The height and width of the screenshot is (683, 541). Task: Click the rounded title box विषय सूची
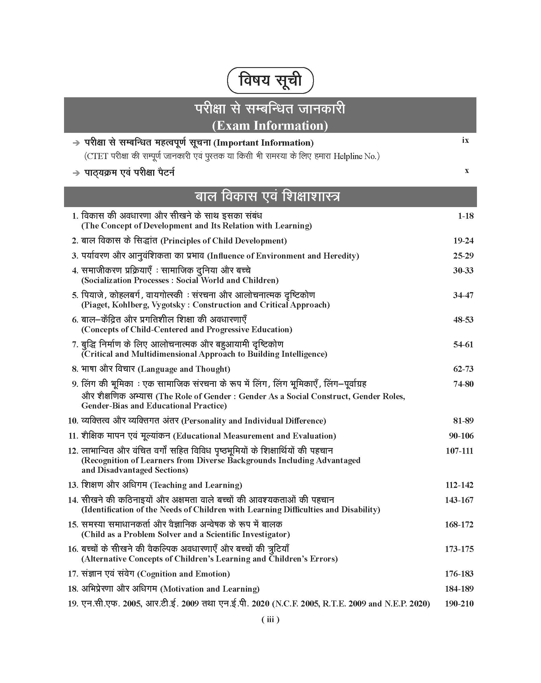270,81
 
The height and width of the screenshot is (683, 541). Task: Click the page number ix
465,140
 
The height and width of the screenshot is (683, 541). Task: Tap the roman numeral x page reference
466,171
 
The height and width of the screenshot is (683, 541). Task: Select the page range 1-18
466,216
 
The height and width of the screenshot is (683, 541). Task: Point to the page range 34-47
463,295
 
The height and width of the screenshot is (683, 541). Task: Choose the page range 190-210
459,604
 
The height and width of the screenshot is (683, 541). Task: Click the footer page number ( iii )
270,619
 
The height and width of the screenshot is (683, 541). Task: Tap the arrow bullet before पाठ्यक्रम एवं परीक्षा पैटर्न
76,173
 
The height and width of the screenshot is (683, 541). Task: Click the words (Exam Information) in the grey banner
270,125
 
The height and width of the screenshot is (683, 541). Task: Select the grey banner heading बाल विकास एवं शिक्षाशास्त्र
270,197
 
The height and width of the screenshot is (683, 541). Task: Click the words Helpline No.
356,156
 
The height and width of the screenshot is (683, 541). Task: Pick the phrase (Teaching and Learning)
196,485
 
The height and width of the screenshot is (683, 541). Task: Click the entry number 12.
73,451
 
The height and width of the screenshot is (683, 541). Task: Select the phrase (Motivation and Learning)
210,589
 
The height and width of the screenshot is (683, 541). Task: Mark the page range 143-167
459,500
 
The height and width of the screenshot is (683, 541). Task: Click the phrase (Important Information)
264,143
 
